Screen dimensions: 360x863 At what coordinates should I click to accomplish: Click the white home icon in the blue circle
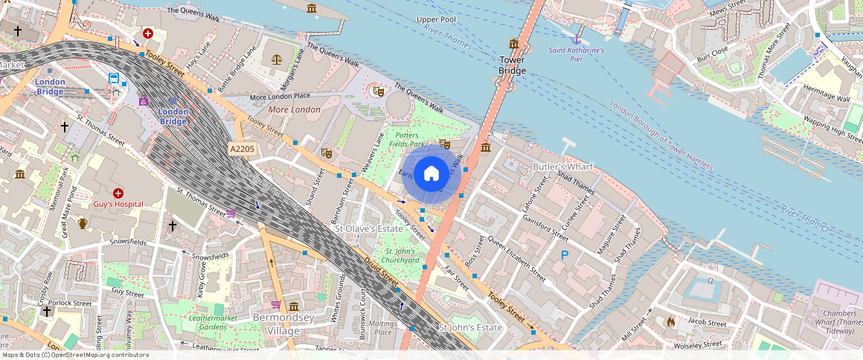(x=431, y=174)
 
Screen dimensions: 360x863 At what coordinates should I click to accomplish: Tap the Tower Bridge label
(x=513, y=65)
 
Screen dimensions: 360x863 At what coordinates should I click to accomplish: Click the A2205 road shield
(x=242, y=150)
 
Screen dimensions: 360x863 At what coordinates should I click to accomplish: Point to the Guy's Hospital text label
(x=118, y=204)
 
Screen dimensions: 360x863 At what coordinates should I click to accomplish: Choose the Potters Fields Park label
(x=405, y=139)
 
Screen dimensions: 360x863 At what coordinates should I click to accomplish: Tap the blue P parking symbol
(x=565, y=256)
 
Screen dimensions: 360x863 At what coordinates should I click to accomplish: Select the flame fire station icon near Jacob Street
(x=670, y=322)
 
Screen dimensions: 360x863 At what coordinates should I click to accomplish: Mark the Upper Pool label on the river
(x=437, y=19)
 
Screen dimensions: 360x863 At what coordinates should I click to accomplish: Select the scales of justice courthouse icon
(x=277, y=57)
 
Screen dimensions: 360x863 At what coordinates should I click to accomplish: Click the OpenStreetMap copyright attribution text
(x=74, y=355)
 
